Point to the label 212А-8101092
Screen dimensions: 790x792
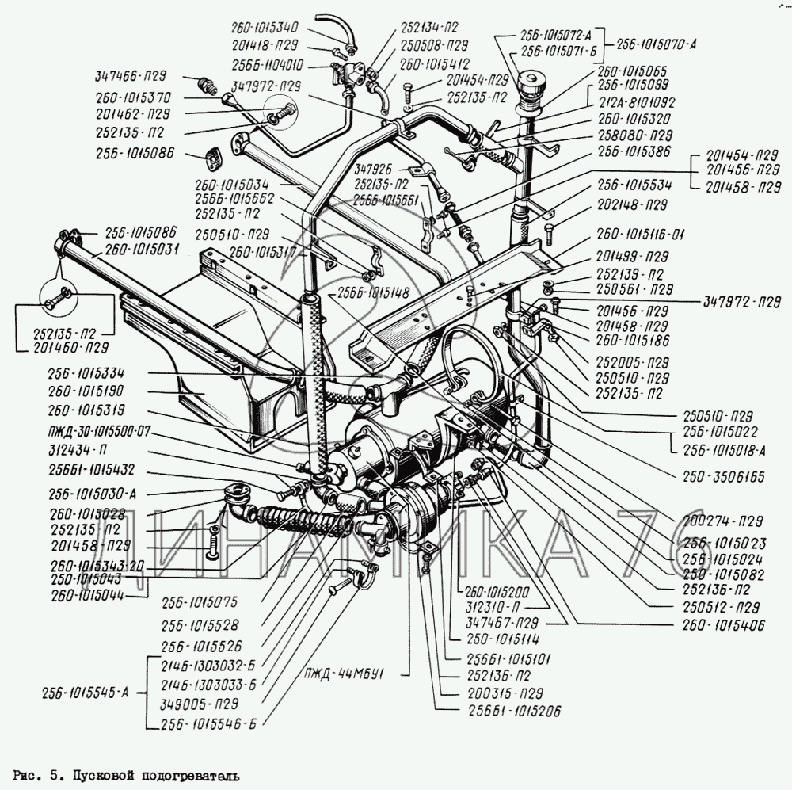click(x=636, y=102)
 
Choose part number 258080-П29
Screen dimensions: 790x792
click(x=635, y=134)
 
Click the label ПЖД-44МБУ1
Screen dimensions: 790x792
click(x=354, y=674)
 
